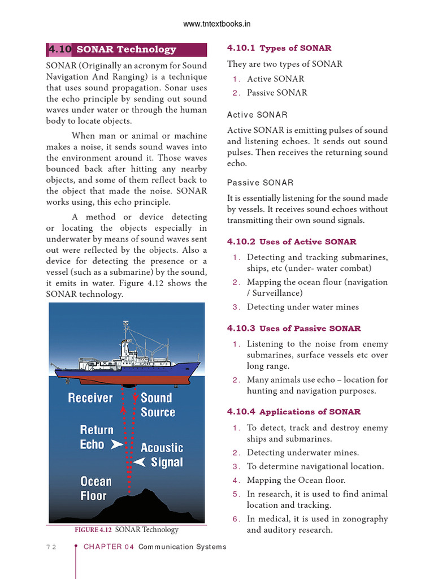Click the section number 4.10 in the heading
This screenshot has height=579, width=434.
click(59, 49)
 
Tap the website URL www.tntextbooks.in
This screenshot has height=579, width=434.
click(217, 24)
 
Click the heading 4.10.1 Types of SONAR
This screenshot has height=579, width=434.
click(279, 48)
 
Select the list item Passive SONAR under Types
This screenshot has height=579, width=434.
click(277, 93)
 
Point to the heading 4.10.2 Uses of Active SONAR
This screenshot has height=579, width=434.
click(292, 242)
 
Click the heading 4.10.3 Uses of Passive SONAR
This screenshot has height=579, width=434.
click(294, 329)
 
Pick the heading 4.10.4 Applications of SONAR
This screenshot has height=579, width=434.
click(294, 412)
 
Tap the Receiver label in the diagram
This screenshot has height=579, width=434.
click(90, 398)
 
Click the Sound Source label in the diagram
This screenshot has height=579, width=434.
click(157, 405)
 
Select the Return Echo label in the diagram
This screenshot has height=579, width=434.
click(96, 437)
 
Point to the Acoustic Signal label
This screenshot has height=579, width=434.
click(162, 455)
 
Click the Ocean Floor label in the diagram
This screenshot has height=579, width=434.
click(96, 489)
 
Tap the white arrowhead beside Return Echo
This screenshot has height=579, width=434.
click(117, 445)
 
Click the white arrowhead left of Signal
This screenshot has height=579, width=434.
click(141, 463)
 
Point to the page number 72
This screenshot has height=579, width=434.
click(50, 547)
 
